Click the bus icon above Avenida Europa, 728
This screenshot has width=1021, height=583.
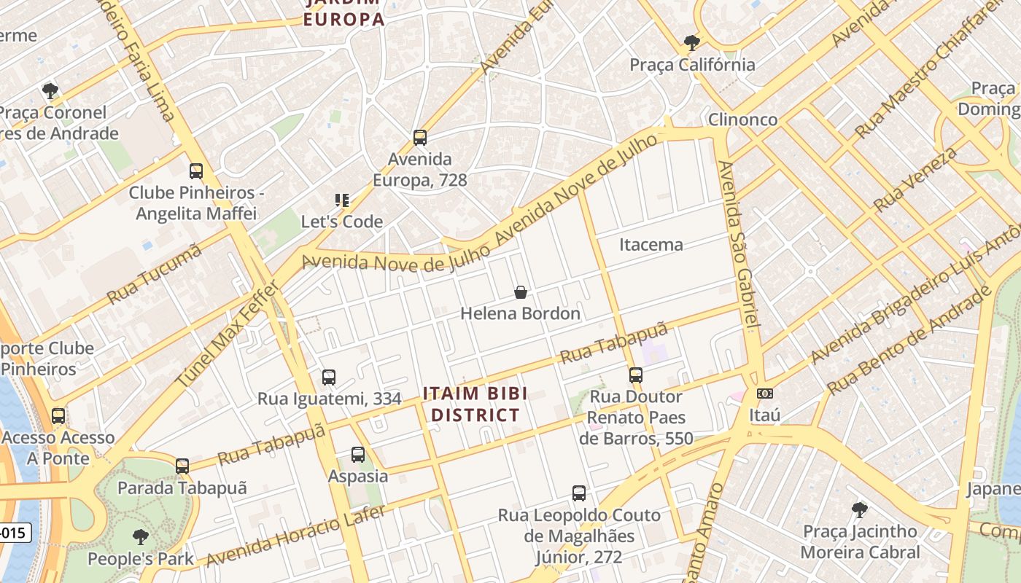click(x=419, y=137)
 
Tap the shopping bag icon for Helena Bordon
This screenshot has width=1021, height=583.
click(x=521, y=292)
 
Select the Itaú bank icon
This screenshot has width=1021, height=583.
click(x=764, y=394)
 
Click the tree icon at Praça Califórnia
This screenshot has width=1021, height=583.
click(x=692, y=42)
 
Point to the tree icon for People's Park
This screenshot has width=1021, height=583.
click(x=141, y=537)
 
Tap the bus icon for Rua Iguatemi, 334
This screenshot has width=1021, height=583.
click(x=329, y=377)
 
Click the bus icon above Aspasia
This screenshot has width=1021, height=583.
click(x=358, y=454)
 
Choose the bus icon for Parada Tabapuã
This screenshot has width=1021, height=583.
click(x=182, y=466)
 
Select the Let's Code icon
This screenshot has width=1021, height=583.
click(x=341, y=200)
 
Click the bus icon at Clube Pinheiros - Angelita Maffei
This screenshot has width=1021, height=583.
click(x=196, y=171)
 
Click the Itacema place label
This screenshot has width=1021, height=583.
click(x=651, y=245)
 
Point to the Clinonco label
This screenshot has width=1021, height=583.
click(x=742, y=120)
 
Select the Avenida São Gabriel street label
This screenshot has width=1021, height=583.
click(x=739, y=245)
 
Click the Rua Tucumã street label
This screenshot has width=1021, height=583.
click(x=154, y=275)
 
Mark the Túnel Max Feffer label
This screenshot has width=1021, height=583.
click(x=228, y=334)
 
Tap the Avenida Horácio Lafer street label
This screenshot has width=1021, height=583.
click(x=295, y=536)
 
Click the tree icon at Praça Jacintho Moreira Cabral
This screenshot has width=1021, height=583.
click(x=860, y=509)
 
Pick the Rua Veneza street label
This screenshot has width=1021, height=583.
click(x=916, y=179)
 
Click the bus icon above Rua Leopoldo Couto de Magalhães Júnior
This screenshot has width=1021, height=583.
click(x=579, y=493)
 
